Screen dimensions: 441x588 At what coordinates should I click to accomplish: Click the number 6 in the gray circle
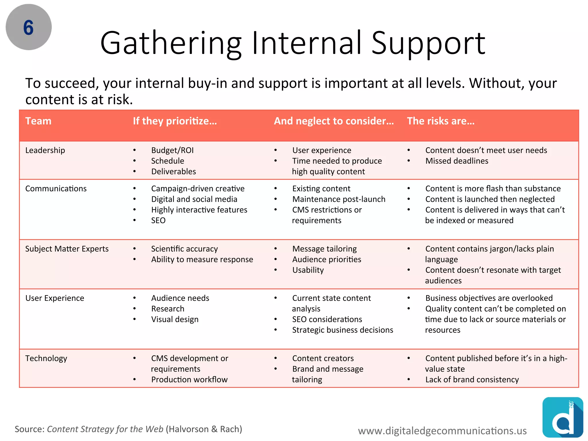tap(28, 28)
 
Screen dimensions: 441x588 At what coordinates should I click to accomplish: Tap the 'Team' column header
tap(38, 121)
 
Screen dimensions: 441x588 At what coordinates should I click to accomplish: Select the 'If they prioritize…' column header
tap(175, 121)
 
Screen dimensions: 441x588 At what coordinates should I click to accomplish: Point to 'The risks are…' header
tap(440, 121)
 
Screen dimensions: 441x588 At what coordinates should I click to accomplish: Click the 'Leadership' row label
tap(45, 150)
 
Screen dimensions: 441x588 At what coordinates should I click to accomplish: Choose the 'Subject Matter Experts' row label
tap(67, 249)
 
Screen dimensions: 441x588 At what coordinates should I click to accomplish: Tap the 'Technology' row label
tap(46, 358)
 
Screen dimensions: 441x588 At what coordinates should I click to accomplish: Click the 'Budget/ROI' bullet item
tap(172, 150)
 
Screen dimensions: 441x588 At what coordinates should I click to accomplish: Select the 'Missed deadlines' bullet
tap(457, 161)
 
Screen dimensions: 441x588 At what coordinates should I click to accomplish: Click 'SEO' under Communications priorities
tap(158, 220)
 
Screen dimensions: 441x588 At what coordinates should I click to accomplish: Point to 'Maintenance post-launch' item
tap(339, 199)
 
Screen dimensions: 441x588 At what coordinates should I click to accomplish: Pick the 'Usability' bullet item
tap(308, 270)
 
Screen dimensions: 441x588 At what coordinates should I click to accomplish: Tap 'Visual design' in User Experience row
tap(175, 319)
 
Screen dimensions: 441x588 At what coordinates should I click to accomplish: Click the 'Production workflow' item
tap(189, 380)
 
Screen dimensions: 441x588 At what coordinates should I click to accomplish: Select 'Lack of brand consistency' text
tap(472, 380)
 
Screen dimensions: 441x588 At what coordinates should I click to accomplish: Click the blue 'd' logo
tap(562, 417)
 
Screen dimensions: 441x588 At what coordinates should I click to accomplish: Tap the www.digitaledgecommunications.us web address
tap(442, 431)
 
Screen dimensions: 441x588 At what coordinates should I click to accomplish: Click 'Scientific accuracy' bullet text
tap(184, 249)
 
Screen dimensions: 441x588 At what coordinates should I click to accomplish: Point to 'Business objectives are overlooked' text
tap(489, 298)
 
